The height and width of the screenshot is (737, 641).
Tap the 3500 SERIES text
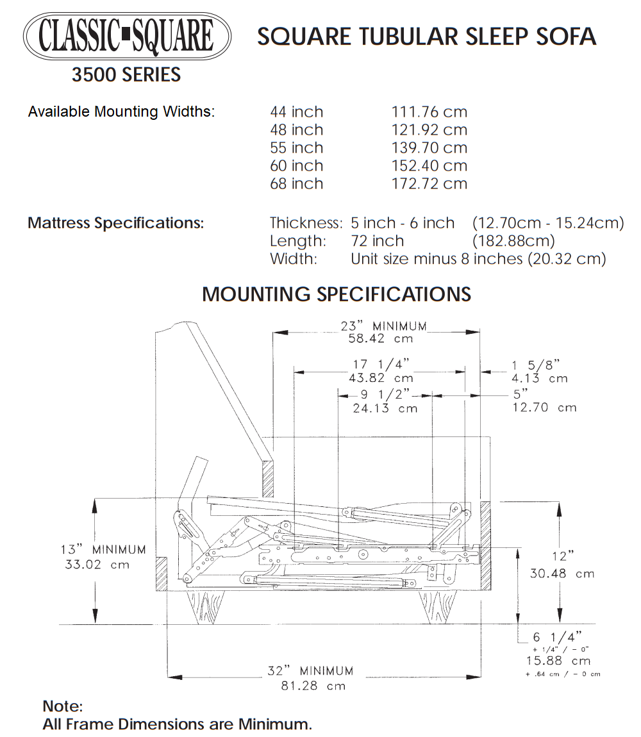126,75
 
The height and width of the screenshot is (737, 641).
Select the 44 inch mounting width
296,112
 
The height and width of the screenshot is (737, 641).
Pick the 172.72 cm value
429,184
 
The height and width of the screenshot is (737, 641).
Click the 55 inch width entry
296,148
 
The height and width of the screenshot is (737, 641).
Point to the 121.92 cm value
429,130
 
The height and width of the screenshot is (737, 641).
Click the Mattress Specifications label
116,224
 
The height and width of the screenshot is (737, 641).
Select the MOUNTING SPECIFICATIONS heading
337,294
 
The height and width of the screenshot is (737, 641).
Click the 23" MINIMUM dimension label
383,326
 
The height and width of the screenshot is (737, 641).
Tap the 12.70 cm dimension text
544,408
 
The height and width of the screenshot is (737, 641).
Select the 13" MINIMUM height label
103,550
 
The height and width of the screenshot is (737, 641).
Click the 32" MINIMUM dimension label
310,671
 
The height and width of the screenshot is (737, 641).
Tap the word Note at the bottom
63,706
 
